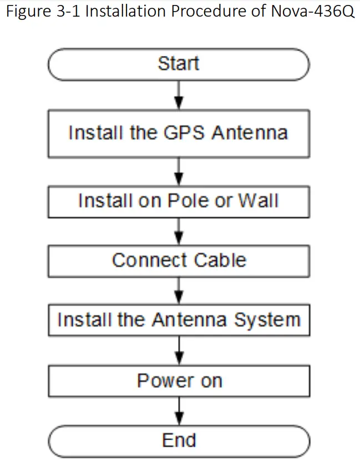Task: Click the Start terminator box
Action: (x=179, y=64)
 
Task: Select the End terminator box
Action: (x=179, y=441)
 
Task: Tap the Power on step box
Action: (x=179, y=381)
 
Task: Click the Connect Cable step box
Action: (x=179, y=260)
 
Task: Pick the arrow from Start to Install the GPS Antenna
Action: (x=179, y=95)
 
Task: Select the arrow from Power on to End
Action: (x=179, y=411)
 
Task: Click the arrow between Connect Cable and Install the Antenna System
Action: (x=179, y=291)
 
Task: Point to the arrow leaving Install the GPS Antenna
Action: (x=179, y=171)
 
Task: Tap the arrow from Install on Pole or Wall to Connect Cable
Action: (x=179, y=231)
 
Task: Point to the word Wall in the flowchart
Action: (x=258, y=201)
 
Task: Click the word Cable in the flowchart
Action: (x=221, y=260)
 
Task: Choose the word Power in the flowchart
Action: (x=161, y=381)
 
